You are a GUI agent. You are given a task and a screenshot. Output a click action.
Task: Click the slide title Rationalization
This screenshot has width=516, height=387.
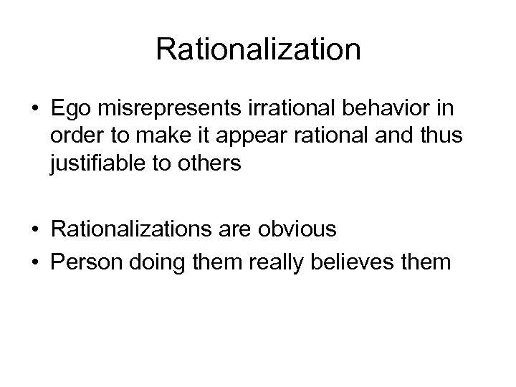(x=258, y=49)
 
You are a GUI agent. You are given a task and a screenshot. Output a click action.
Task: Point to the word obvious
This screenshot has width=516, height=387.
(x=302, y=229)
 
